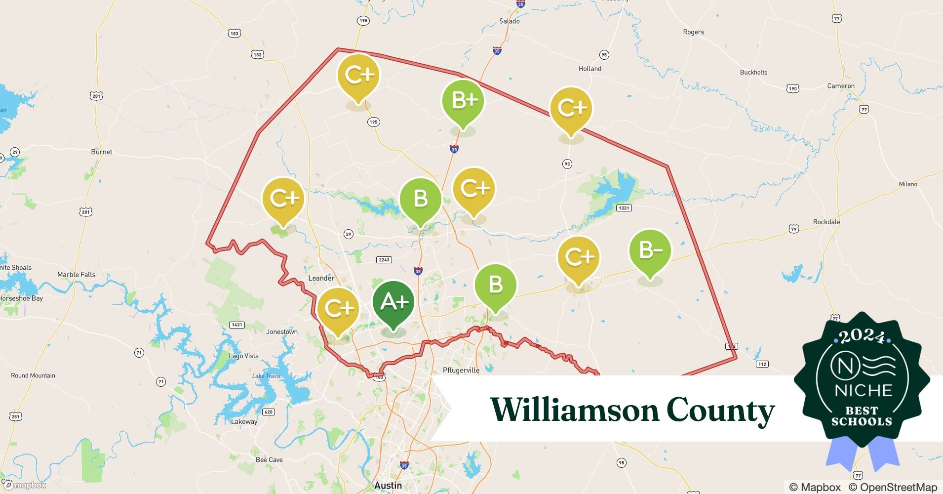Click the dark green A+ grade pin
(x=393, y=302)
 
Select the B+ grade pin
(x=463, y=101)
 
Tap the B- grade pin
(x=650, y=250)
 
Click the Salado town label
(x=509, y=21)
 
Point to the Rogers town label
(x=693, y=32)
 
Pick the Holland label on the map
(x=590, y=69)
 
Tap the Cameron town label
(x=840, y=86)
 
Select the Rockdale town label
(x=826, y=222)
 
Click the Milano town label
(x=907, y=184)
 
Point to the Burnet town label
(x=102, y=152)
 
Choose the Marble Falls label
(x=76, y=275)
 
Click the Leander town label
(x=321, y=278)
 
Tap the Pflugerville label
(x=461, y=370)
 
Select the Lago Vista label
(x=243, y=356)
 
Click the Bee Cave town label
(x=269, y=459)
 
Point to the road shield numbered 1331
(x=624, y=208)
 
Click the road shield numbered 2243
(x=384, y=259)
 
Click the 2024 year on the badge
(x=862, y=337)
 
